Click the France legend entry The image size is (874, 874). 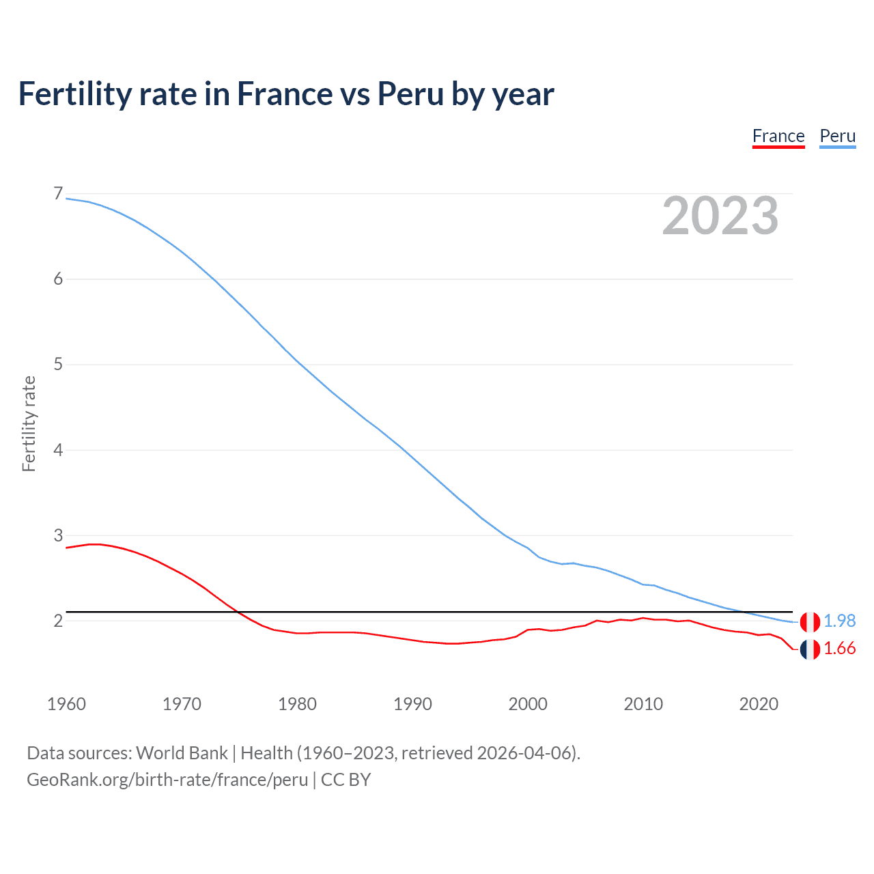(778, 136)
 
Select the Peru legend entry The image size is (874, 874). (837, 136)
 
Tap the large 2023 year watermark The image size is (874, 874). (720, 216)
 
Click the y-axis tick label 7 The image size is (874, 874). (58, 194)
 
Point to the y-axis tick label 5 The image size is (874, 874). (58, 365)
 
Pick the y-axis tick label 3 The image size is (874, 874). (58, 535)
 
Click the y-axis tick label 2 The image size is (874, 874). (58, 621)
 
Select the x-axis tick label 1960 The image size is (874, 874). (66, 704)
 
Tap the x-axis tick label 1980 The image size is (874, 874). (297, 704)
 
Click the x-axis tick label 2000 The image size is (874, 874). (528, 704)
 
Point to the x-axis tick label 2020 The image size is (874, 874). (759, 704)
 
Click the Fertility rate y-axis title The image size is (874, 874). (29, 423)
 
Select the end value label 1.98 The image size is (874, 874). (839, 621)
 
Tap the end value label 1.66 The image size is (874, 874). (839, 649)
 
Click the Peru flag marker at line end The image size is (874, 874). (810, 622)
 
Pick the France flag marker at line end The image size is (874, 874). (810, 650)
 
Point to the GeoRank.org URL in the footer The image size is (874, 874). (167, 780)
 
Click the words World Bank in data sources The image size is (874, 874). (182, 753)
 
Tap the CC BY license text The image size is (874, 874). (346, 780)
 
